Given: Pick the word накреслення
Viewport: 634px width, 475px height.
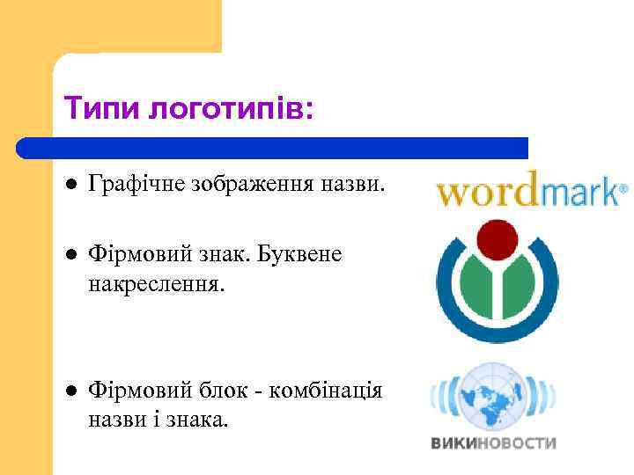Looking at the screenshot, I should [x=158, y=285].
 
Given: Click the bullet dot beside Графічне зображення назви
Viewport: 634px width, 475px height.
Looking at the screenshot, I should [x=70, y=186].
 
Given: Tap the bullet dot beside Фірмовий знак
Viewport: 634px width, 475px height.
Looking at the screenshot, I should [x=70, y=254].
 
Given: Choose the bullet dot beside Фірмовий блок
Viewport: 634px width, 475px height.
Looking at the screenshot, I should [x=70, y=390].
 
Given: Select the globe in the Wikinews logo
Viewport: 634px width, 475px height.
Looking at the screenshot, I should [x=494, y=397].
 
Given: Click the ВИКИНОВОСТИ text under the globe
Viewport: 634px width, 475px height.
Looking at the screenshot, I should [x=494, y=442].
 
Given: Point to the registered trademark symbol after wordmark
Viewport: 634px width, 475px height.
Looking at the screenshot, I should [x=624, y=187].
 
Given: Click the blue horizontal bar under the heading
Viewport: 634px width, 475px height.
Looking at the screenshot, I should [x=273, y=148].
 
